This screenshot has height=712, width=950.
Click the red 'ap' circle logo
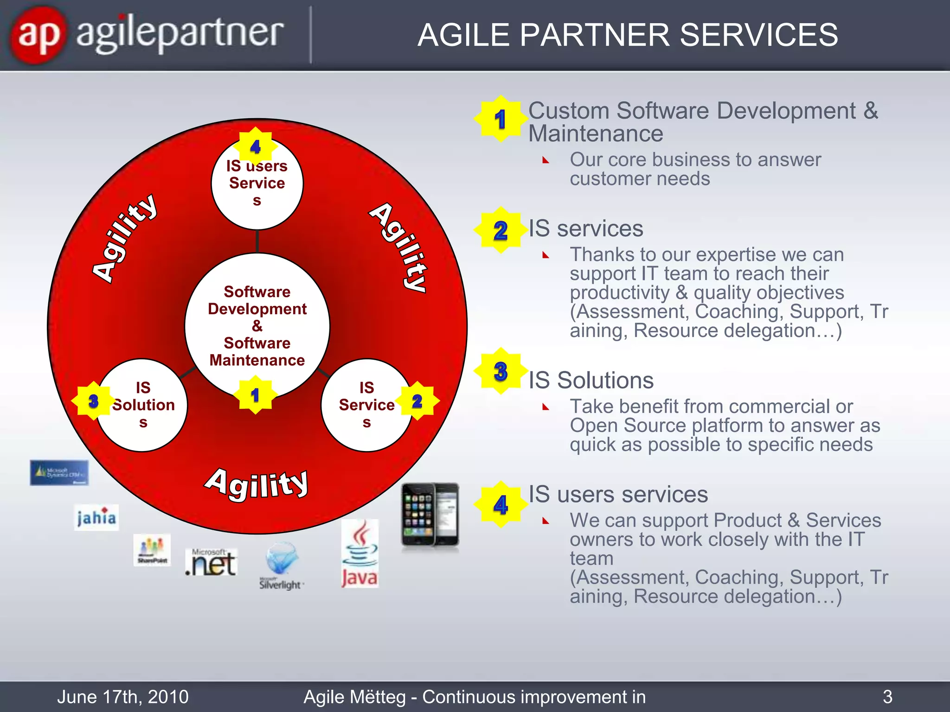(x=38, y=35)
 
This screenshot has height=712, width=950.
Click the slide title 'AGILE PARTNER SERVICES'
(x=628, y=35)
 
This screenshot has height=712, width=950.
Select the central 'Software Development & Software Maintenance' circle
(x=257, y=325)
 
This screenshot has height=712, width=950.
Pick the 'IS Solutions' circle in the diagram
(x=143, y=405)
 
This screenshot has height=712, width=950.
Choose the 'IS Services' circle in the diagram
(x=366, y=405)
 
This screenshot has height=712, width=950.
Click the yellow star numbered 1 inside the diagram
(x=255, y=395)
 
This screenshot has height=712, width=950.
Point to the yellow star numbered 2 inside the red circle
(x=417, y=401)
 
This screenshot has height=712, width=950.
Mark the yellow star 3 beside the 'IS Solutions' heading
(x=501, y=371)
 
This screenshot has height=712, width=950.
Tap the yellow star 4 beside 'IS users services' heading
(x=501, y=504)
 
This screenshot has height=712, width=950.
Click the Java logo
(x=359, y=553)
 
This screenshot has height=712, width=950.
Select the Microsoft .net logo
(x=211, y=562)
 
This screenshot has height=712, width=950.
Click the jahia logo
(x=96, y=517)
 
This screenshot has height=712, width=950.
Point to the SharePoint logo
(x=152, y=550)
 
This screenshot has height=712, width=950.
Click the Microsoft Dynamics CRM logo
(x=59, y=473)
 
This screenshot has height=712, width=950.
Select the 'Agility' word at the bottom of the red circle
(x=257, y=484)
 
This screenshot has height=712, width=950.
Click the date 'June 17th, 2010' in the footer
(x=123, y=697)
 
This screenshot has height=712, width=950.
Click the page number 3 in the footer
(x=887, y=697)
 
